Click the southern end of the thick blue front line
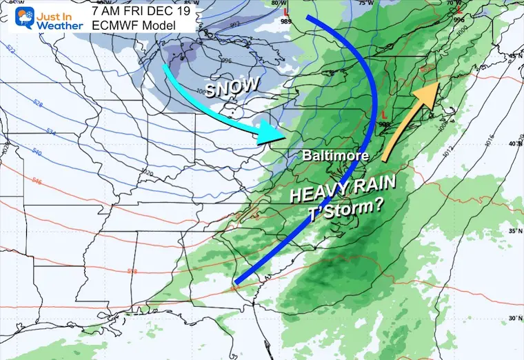[236, 282]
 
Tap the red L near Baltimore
[383, 114]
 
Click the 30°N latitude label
[514, 318]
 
